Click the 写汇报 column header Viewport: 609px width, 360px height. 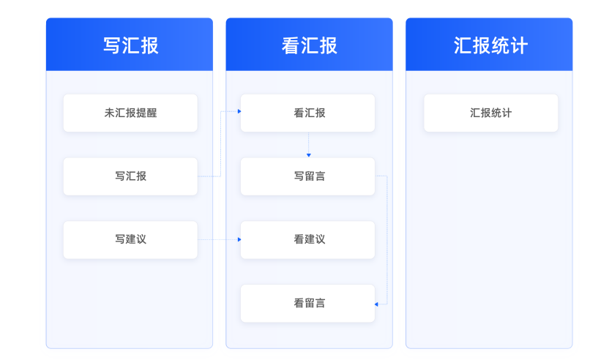[x=130, y=45]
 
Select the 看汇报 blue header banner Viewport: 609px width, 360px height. [x=309, y=45]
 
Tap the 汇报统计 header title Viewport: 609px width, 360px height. [x=490, y=45]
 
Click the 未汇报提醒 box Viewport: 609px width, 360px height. [x=130, y=113]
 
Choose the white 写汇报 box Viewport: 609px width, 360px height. [x=130, y=176]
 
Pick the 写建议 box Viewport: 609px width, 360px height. [x=130, y=239]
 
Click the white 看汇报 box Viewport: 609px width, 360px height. [x=307, y=113]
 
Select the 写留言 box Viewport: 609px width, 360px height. [x=307, y=176]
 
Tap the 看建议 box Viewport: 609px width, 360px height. [x=307, y=239]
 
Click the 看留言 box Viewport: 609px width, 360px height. [x=307, y=304]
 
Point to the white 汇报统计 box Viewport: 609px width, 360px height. [x=491, y=113]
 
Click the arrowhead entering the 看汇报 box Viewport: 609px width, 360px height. [x=239, y=111]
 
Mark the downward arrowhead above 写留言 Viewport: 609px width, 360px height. [x=309, y=155]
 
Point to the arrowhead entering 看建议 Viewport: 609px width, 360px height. [x=239, y=239]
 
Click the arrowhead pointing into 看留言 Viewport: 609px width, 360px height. [x=376, y=304]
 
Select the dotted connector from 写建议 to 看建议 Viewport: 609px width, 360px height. [x=217, y=239]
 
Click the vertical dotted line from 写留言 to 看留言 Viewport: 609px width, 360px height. [x=387, y=240]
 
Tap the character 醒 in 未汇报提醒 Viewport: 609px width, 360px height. [x=152, y=113]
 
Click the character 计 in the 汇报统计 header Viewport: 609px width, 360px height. [x=519, y=45]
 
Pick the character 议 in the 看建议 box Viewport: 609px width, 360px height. [x=320, y=239]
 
